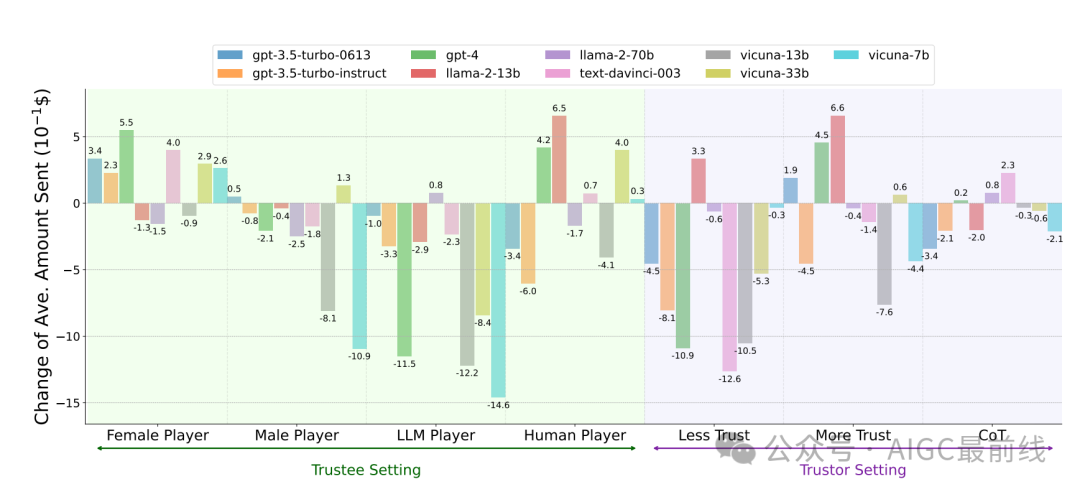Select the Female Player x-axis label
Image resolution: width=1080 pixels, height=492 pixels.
pos(157,436)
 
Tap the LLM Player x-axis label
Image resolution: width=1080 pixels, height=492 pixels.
pos(436,436)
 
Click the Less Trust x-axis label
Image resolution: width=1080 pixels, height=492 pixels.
pos(714,436)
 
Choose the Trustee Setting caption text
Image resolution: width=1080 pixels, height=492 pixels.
pos(366,470)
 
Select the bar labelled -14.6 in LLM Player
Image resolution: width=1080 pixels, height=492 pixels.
pos(498,300)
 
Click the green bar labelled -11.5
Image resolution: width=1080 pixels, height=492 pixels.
pos(404,279)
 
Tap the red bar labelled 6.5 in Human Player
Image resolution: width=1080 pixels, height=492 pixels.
pos(559,160)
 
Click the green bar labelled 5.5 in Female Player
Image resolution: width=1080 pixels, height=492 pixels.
pos(126,167)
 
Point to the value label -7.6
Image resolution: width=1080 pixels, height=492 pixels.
pos(885,312)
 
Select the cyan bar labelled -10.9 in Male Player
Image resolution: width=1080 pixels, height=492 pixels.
pos(359,275)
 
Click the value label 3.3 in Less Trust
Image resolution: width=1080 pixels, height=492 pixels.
pos(698,151)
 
